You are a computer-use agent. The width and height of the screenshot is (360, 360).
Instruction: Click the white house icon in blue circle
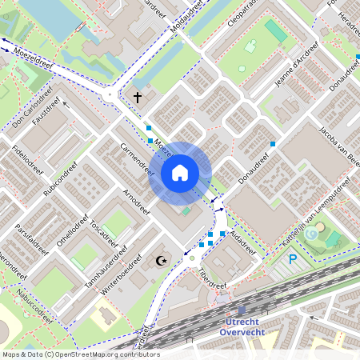coord(180,172)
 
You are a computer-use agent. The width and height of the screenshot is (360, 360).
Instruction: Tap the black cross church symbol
coord(137,98)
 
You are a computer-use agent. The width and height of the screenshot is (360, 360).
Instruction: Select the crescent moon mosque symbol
coord(162,260)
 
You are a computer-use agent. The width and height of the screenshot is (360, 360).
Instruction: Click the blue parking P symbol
coord(293,259)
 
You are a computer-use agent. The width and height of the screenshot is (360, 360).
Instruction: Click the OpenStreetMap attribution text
coord(80,354)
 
